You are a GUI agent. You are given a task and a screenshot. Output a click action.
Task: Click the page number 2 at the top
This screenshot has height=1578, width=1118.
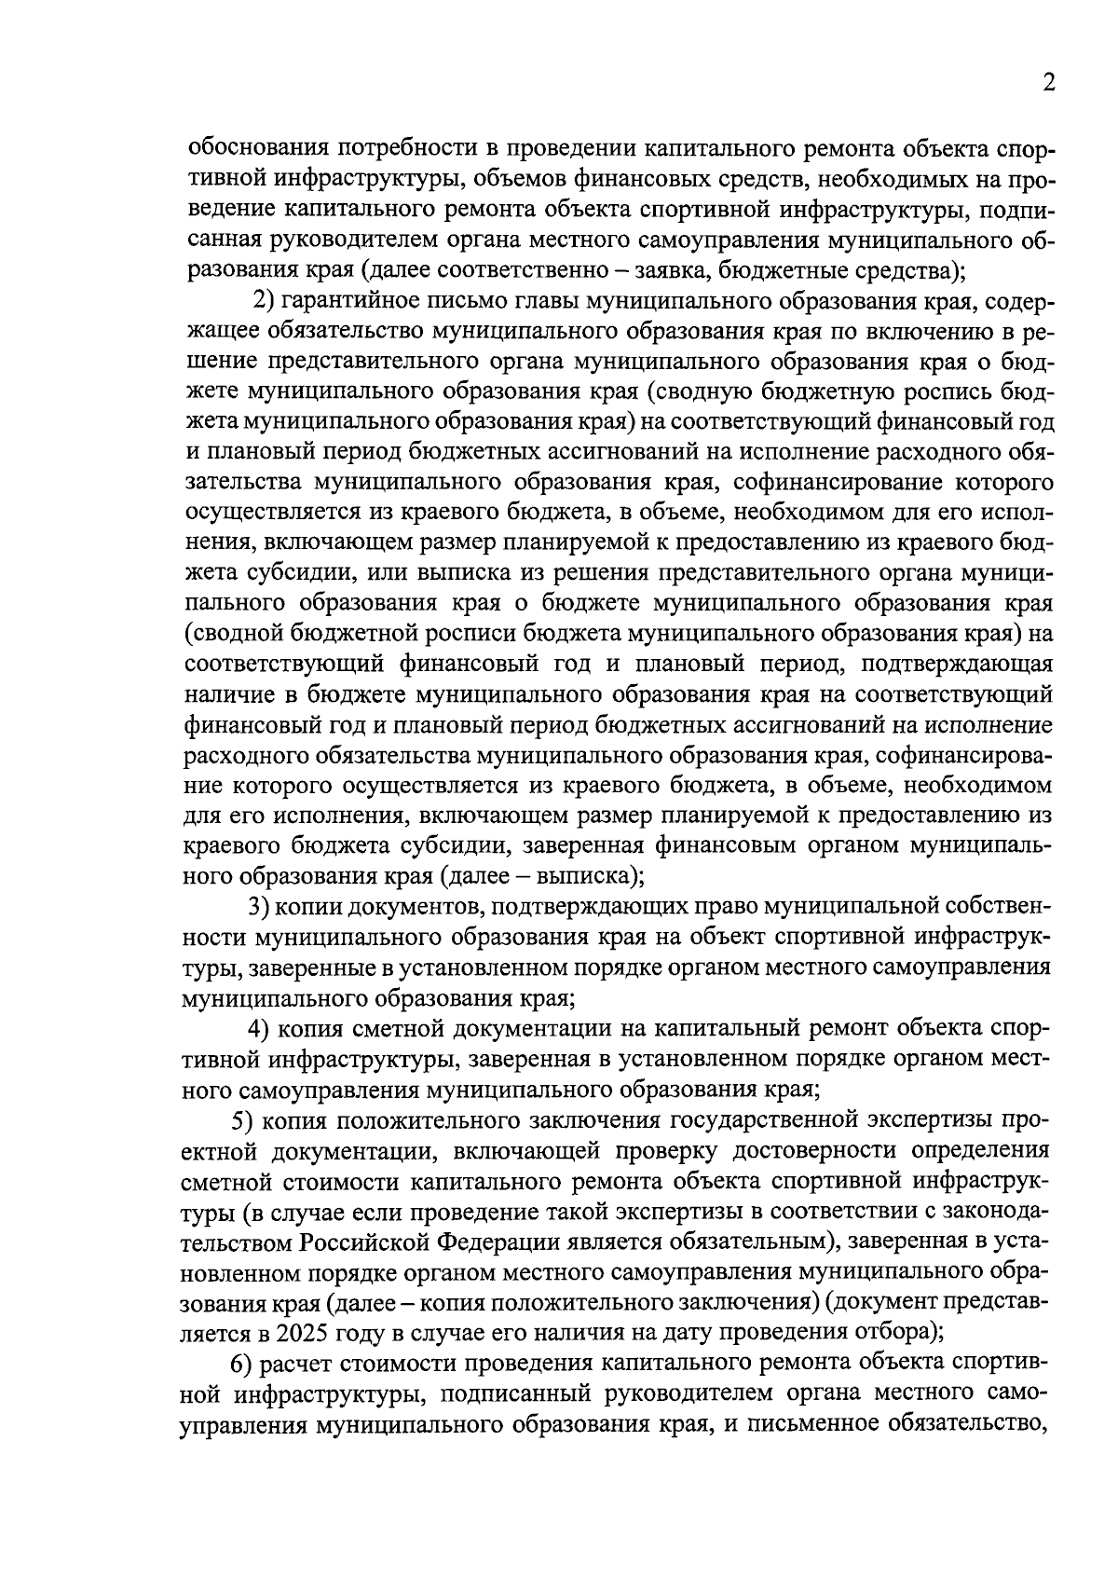point(1048,84)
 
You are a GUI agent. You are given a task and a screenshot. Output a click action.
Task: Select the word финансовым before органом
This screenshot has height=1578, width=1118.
point(725,846)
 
